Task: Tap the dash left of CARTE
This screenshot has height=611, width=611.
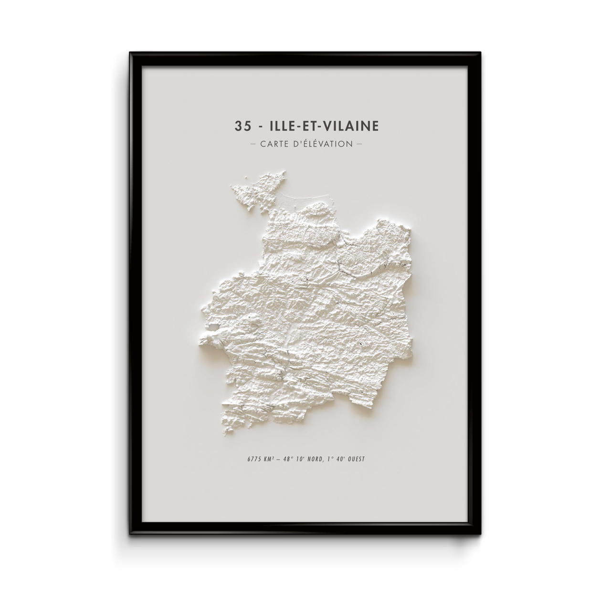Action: click(253, 143)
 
